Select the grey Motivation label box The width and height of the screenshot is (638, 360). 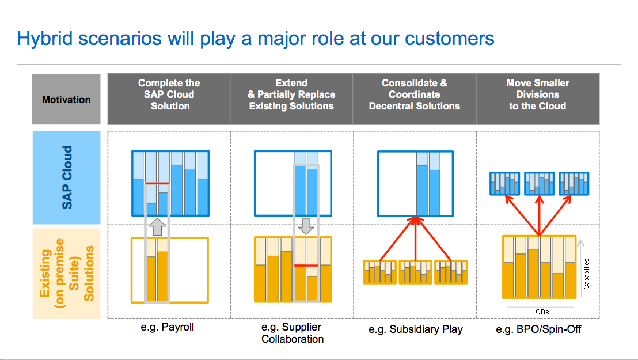pos(66,99)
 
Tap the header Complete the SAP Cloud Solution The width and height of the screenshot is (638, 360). pos(169,94)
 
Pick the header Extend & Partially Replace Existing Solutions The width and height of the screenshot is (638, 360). pos(291,94)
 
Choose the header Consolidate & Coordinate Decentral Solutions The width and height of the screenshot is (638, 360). pos(414,94)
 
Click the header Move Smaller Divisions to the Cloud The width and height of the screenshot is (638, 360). pos(537,94)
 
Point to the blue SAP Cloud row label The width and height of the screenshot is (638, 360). pos(67,177)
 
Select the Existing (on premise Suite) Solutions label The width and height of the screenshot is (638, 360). pos(67,273)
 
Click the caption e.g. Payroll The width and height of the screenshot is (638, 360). pos(169,328)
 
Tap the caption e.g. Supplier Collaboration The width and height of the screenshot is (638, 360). pos(292,333)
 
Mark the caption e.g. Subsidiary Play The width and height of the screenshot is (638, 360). pos(415,329)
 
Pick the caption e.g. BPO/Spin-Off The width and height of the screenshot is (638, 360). pos(537,329)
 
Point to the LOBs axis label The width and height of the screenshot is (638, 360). pos(540,312)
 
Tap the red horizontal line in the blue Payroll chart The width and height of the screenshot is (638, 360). pos(157,184)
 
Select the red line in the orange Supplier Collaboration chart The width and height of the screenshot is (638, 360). pos(306,266)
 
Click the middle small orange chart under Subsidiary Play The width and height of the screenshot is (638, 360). pos(416,272)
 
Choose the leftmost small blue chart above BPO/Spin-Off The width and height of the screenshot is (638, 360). pos(505,183)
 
